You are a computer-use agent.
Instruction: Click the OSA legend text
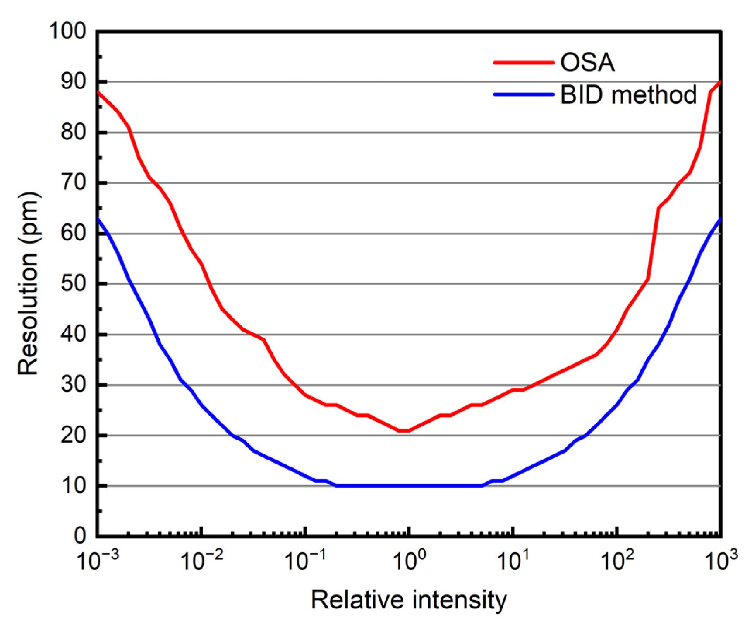click(x=587, y=62)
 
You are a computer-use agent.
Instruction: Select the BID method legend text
click(x=628, y=94)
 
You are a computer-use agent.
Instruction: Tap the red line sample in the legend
click(x=524, y=62)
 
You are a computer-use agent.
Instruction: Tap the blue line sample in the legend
click(x=524, y=94)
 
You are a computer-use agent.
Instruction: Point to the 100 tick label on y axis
click(x=67, y=31)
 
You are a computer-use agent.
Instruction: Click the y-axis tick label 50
click(x=73, y=284)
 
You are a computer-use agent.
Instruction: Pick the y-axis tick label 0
click(x=80, y=536)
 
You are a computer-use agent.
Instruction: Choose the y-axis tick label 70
click(x=73, y=182)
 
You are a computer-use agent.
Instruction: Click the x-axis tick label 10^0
click(x=410, y=560)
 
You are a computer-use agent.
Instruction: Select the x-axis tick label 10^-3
click(x=98, y=560)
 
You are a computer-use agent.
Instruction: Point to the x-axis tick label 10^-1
click(x=305, y=560)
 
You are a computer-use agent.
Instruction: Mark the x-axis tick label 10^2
click(x=617, y=560)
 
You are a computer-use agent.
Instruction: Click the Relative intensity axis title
click(x=409, y=600)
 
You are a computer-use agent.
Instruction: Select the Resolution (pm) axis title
click(x=28, y=283)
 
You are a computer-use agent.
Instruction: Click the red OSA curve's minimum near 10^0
click(x=404, y=430)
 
